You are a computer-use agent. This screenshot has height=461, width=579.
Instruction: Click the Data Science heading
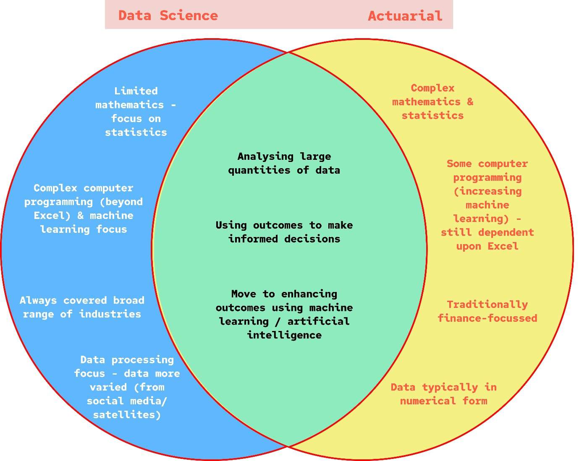[168, 16]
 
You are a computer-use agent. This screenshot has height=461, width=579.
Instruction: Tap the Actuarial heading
[405, 16]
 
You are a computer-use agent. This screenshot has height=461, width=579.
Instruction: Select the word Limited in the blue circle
[136, 91]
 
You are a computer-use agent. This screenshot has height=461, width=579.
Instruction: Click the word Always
[38, 300]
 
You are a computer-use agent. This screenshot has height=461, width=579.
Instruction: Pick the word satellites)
[126, 415]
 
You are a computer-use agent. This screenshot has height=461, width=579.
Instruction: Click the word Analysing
[265, 156]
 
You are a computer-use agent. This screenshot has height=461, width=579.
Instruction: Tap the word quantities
[259, 170]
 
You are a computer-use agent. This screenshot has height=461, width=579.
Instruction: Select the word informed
[253, 239]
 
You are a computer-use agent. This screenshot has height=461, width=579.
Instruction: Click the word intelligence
[284, 335]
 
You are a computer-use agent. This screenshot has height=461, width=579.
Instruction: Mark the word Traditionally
[487, 305]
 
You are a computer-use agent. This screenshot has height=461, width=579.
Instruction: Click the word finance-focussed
[487, 318]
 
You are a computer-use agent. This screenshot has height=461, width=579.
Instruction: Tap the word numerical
[428, 401]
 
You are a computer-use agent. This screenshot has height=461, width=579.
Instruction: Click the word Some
[459, 164]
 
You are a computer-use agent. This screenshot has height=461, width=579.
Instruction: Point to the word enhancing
[309, 294]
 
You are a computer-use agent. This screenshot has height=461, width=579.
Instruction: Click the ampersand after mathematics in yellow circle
[470, 102]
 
